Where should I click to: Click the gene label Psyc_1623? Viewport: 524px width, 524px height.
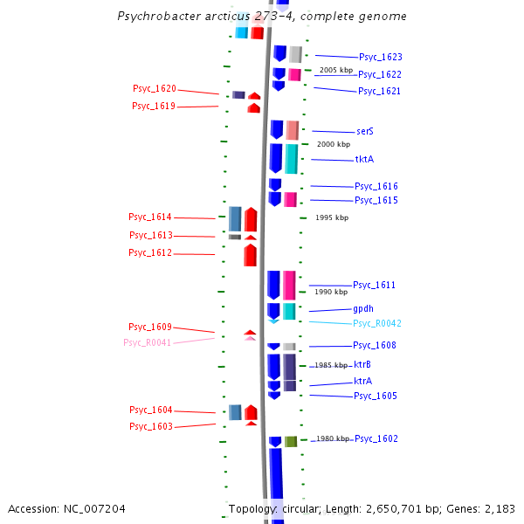(x=380, y=57)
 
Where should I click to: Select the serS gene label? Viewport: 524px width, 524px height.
(x=365, y=131)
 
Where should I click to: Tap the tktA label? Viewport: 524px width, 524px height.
(x=364, y=160)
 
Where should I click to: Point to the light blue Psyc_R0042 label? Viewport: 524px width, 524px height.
(x=377, y=323)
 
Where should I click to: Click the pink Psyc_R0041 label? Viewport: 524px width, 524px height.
(x=148, y=342)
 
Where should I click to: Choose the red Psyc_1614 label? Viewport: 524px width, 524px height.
(x=150, y=217)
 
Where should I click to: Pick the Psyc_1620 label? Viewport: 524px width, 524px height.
(x=155, y=89)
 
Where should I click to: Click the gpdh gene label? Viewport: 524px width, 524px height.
(x=363, y=309)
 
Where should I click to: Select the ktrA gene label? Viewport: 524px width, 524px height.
(x=363, y=382)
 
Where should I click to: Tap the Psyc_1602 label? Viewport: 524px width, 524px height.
(x=376, y=438)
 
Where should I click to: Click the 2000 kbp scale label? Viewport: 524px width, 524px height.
(x=334, y=144)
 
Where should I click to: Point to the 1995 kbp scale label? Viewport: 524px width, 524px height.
(x=332, y=217)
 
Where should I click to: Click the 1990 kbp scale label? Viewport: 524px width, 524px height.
(x=331, y=292)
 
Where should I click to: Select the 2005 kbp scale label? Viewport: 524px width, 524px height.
(x=336, y=70)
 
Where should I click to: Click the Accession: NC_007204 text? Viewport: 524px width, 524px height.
(x=66, y=508)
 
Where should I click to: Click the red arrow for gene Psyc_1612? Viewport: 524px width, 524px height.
(x=250, y=255)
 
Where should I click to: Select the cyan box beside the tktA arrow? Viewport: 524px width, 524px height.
(x=291, y=158)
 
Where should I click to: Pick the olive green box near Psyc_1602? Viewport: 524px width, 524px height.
(x=291, y=441)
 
